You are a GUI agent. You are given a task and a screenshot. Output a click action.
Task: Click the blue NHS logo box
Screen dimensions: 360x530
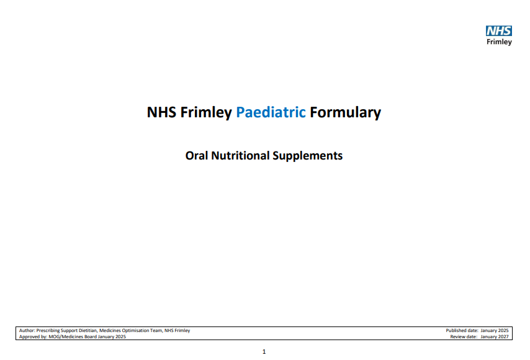[x=499, y=31]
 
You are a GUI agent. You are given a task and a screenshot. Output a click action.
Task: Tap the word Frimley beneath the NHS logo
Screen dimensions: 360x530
[x=500, y=42]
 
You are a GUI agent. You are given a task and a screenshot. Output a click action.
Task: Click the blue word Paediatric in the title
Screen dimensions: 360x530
[x=271, y=112]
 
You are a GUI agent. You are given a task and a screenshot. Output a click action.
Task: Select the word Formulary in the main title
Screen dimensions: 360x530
[x=345, y=112]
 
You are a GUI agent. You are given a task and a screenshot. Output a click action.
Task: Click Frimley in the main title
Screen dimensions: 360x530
[x=207, y=112]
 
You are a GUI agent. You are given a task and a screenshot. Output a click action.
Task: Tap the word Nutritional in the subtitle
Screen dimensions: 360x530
[x=240, y=155]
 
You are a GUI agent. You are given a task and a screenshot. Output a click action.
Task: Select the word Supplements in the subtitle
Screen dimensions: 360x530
[x=308, y=155]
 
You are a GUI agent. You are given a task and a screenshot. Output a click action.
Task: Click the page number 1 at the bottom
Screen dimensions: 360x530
[x=264, y=352]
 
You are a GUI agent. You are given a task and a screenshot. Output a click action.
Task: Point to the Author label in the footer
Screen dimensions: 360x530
[x=27, y=331]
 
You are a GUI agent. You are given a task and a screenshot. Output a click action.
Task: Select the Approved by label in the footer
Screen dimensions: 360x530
[x=33, y=336]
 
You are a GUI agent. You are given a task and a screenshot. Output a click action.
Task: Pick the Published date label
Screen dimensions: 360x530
[x=461, y=331]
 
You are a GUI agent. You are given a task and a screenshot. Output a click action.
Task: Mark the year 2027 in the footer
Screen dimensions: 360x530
[x=503, y=336]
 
